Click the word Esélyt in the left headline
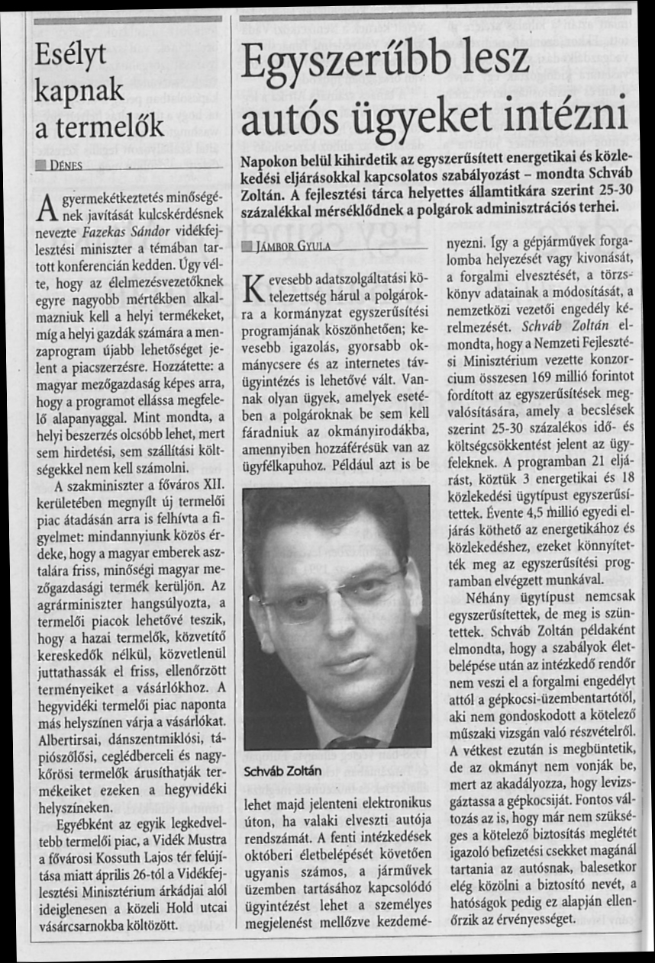pos(71,55)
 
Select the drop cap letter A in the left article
pos(45,204)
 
